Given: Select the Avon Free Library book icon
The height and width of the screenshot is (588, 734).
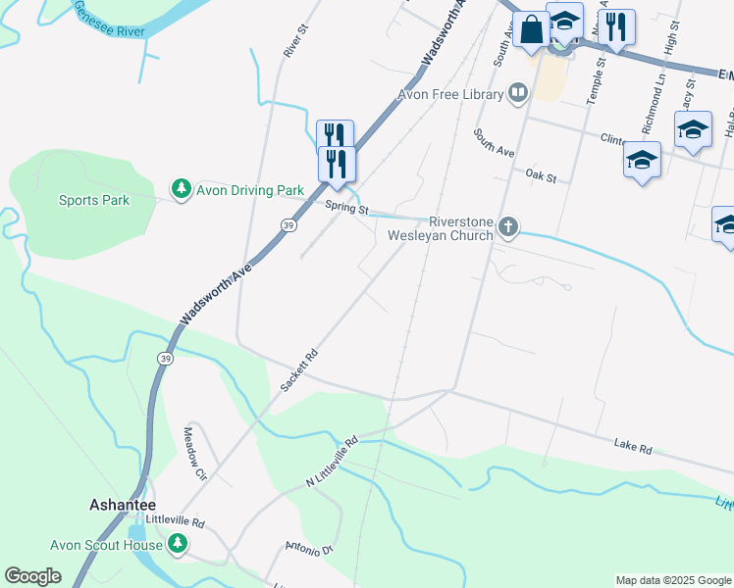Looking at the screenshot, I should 518,94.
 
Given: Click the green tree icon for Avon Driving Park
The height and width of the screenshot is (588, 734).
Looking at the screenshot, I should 181,189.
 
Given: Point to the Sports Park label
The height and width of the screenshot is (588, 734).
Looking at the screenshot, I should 93,201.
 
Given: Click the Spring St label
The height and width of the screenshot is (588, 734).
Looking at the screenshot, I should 348,209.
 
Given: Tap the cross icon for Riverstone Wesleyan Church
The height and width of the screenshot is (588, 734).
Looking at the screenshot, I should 507,227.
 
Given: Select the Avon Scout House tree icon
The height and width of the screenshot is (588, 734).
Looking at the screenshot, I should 178,543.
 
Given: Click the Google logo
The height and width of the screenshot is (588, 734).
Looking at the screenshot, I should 33,576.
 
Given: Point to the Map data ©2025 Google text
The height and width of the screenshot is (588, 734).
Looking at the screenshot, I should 672,580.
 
